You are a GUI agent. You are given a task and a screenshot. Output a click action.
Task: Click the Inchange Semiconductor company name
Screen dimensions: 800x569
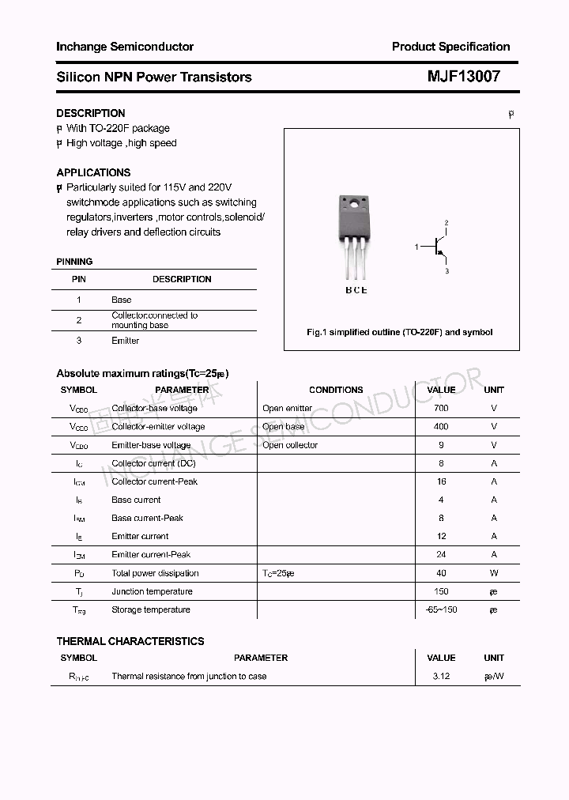125,47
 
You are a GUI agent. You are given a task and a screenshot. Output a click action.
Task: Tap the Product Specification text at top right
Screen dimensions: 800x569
450,47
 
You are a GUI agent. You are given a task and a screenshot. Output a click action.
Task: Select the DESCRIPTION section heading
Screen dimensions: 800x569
91,113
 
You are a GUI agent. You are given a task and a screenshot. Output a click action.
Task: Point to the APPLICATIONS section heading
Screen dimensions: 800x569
93,172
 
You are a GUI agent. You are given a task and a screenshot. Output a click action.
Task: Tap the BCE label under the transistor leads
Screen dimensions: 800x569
356,290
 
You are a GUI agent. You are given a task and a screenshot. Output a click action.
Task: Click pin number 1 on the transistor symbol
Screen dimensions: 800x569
416,247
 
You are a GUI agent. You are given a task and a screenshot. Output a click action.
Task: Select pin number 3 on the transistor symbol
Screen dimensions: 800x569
447,271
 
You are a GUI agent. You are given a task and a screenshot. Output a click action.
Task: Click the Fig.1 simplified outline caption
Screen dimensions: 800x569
399,332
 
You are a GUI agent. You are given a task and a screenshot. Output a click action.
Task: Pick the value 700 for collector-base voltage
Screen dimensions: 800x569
441,408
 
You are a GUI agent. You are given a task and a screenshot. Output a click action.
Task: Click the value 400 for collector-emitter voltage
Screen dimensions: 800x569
441,426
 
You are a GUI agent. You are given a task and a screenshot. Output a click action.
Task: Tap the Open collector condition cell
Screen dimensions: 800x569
290,445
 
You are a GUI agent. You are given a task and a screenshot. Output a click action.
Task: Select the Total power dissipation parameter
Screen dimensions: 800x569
155,573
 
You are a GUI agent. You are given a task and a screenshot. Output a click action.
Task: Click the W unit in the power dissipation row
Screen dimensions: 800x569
494,573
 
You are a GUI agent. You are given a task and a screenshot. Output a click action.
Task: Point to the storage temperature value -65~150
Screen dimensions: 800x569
441,609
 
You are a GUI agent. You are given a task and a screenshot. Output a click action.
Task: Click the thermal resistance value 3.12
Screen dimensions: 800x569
441,676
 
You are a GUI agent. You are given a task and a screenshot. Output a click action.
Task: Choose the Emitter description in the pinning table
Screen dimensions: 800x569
125,341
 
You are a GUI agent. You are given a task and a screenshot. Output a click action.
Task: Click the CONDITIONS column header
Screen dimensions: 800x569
336,390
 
